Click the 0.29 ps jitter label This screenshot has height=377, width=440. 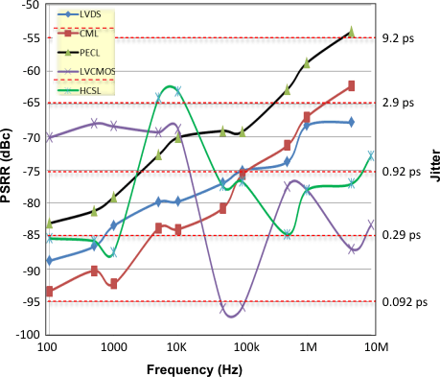pos(398,235)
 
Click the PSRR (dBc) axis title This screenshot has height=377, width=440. pos(8,169)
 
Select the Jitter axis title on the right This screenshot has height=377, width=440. pos(433,171)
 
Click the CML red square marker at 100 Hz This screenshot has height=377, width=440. pos(49,291)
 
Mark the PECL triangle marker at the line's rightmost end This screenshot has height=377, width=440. pos(351,32)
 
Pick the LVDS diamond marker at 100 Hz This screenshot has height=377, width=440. pos(49,260)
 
